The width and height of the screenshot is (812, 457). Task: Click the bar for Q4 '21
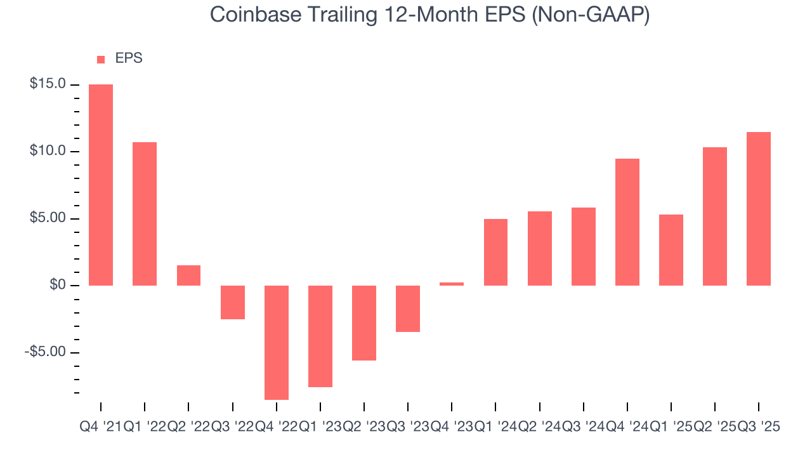click(x=101, y=185)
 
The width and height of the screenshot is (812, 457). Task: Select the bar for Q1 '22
click(x=145, y=214)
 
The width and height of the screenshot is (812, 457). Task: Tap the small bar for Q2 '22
click(x=188, y=275)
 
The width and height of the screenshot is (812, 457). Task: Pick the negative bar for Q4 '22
click(x=277, y=343)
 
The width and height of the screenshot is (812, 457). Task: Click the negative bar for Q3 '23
click(x=408, y=308)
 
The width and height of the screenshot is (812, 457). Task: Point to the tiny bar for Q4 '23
click(x=452, y=284)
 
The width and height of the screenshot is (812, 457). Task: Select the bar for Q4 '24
click(x=627, y=222)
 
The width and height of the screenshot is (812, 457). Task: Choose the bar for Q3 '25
click(x=759, y=209)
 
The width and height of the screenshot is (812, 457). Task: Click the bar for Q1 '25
click(x=671, y=250)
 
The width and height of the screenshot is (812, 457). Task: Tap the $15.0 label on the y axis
click(x=48, y=84)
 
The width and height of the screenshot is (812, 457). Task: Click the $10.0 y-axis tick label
click(x=48, y=151)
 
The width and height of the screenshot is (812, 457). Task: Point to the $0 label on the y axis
click(x=58, y=286)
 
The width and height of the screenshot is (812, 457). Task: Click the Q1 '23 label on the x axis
click(x=320, y=427)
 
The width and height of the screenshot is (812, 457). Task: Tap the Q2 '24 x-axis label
click(x=539, y=427)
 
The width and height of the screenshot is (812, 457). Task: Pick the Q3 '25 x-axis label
click(x=759, y=427)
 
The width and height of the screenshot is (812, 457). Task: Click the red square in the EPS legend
click(x=101, y=59)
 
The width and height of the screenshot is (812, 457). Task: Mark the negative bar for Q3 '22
click(x=233, y=302)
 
